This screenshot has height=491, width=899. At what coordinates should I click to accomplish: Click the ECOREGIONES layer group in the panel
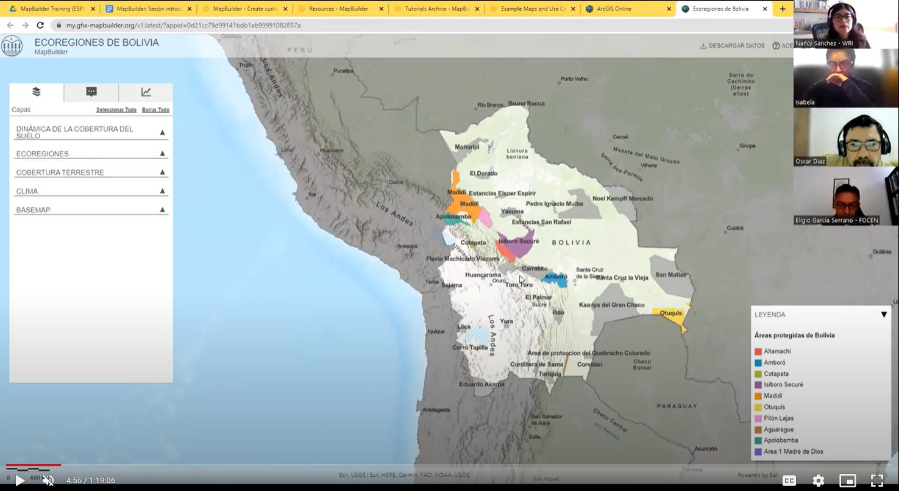tap(43, 154)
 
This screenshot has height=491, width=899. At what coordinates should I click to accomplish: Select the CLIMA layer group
tap(27, 192)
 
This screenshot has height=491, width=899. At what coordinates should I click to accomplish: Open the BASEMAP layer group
tap(34, 210)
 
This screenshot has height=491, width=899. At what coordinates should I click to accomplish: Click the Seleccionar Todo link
tap(116, 110)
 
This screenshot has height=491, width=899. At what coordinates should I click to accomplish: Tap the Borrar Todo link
tap(155, 110)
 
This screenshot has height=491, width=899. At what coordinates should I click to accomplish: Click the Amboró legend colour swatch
tap(758, 363)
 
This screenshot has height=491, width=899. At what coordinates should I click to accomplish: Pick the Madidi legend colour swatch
tap(758, 396)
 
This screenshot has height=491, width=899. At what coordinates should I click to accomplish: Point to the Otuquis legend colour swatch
tap(758, 407)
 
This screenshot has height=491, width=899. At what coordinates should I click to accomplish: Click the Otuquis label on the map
tap(671, 314)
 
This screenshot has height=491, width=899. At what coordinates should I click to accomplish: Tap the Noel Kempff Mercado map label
tap(622, 198)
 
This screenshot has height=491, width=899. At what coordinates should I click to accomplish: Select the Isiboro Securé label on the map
tap(519, 241)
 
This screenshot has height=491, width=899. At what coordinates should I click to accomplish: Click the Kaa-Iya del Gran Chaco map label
tap(611, 304)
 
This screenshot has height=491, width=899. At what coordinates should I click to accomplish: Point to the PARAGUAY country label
tap(677, 406)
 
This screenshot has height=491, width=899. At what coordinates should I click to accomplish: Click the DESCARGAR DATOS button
tap(732, 46)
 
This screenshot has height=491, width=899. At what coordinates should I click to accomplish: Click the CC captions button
tap(789, 481)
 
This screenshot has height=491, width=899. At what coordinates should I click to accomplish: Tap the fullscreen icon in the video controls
tap(876, 481)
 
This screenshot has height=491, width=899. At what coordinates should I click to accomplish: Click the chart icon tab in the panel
tap(146, 92)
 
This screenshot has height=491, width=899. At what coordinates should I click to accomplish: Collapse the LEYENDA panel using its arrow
tap(884, 315)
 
